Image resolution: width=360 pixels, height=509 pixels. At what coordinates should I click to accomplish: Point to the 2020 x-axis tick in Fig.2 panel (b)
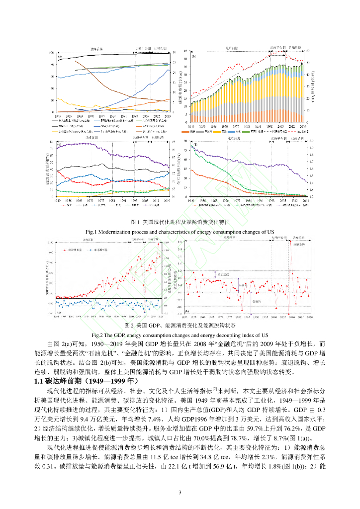pyautogui.click(x=310, y=316)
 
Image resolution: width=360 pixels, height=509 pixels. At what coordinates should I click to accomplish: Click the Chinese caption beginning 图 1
pyautogui.click(x=180, y=222)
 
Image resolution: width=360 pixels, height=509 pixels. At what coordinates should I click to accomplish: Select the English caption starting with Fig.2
pyautogui.click(x=180, y=335)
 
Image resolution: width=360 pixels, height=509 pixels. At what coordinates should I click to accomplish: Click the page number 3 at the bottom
pyautogui.click(x=180, y=492)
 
